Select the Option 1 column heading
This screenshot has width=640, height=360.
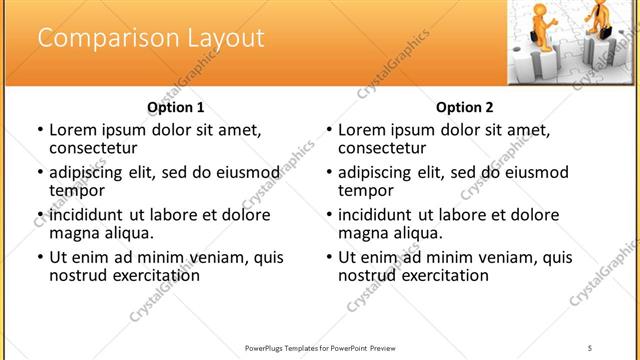point(175,107)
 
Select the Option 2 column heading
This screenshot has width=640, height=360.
point(465,107)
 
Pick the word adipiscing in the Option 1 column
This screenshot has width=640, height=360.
point(92,172)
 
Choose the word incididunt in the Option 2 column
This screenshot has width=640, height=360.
point(382,214)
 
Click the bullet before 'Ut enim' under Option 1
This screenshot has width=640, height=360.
point(39,257)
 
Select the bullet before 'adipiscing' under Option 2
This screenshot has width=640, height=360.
point(328,172)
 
